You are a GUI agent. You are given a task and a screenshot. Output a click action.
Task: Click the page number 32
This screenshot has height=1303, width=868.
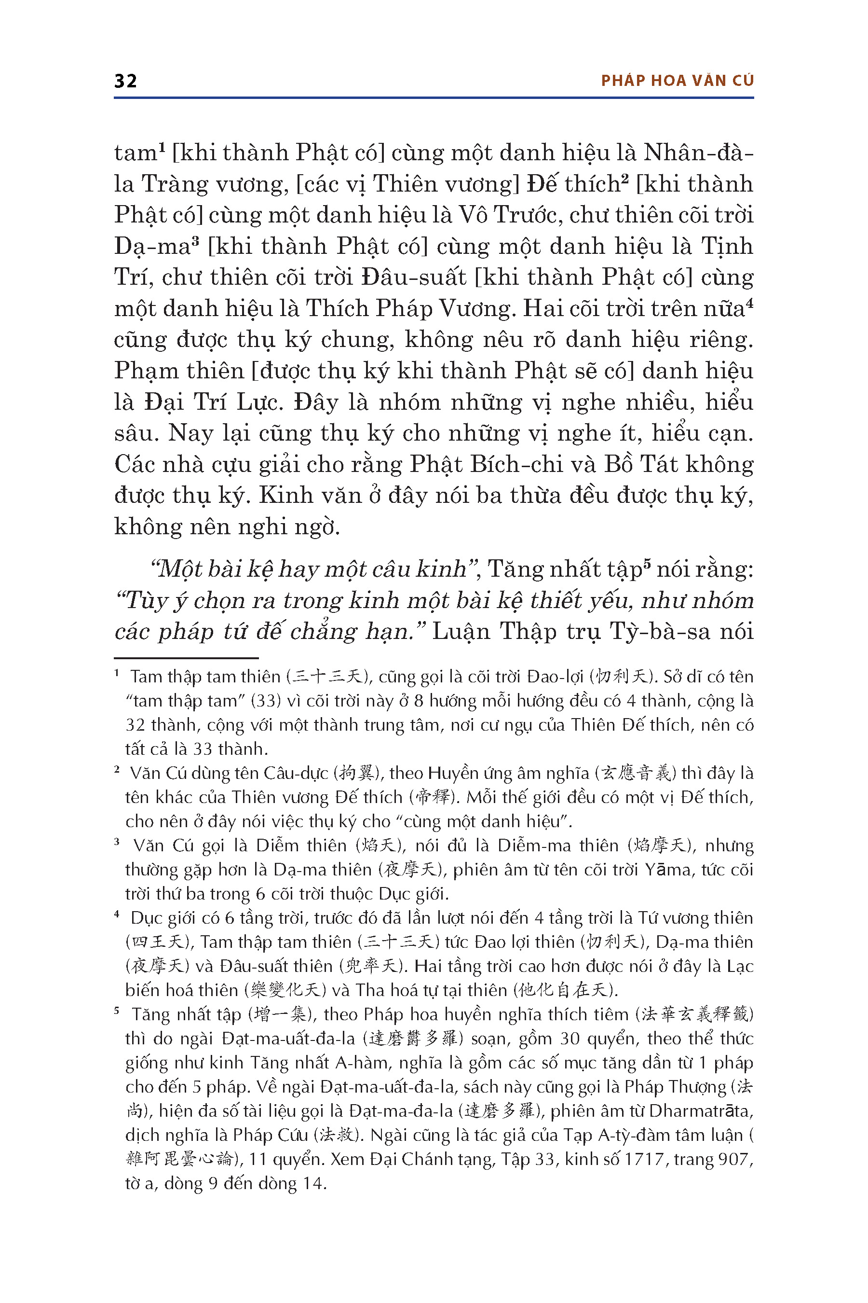pos(126,81)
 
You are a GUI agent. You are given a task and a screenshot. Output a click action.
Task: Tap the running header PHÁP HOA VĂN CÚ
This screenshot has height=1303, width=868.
pos(677,81)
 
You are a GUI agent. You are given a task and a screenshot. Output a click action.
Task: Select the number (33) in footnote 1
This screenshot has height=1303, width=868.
pos(266,701)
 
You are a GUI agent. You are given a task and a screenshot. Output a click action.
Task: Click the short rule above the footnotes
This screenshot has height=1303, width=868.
pos(186,658)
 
